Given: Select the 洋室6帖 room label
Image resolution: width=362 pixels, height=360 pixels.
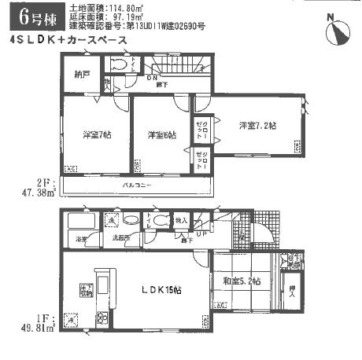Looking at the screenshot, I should (x=161, y=134).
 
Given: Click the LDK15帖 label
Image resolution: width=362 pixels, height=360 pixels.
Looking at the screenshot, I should (x=162, y=290).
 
